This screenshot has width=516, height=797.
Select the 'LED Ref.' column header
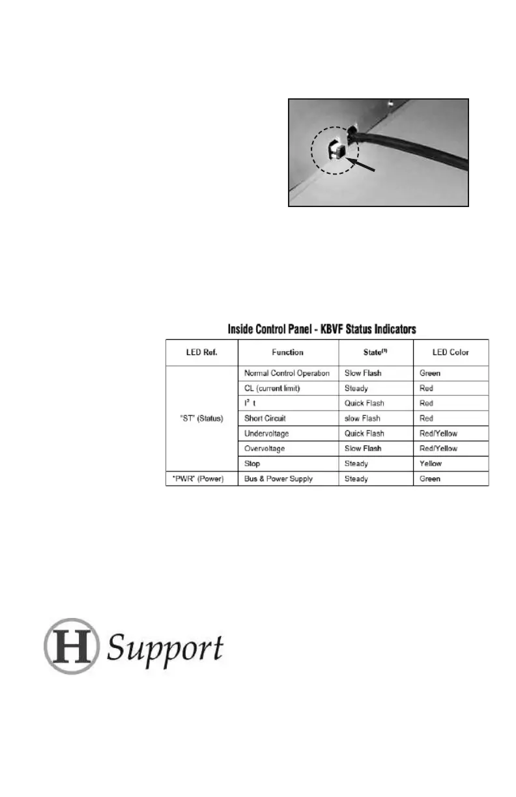click(201, 352)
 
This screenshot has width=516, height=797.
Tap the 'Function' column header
click(288, 352)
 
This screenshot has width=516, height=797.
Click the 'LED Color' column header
click(451, 352)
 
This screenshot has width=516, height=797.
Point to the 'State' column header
click(375, 352)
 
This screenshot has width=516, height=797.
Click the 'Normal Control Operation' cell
click(287, 374)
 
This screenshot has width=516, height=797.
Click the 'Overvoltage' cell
click(264, 449)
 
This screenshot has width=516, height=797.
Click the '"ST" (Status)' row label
click(201, 419)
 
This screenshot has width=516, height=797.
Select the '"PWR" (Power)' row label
click(201, 479)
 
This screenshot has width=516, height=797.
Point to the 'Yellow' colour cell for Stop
click(430, 464)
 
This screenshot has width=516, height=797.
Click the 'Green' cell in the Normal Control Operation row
click(429, 374)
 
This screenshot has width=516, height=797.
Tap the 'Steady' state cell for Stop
click(356, 464)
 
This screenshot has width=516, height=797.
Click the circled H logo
click(71, 646)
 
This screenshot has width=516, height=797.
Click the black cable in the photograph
click(417, 150)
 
